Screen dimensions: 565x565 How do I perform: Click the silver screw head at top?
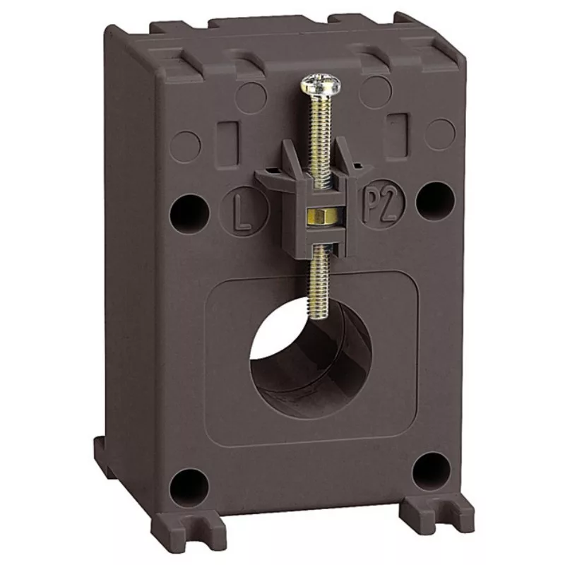click(x=321, y=84)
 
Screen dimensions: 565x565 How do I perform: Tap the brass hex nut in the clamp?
click(x=323, y=215)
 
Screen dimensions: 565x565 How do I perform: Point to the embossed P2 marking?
click(x=380, y=205)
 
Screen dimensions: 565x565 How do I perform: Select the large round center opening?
click(x=310, y=357)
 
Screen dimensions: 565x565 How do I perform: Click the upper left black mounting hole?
click(x=189, y=214)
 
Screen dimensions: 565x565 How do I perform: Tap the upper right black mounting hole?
click(x=435, y=201)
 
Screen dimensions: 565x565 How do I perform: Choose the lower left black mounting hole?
click(x=189, y=488)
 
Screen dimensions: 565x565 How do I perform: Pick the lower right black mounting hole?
click(x=432, y=471)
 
